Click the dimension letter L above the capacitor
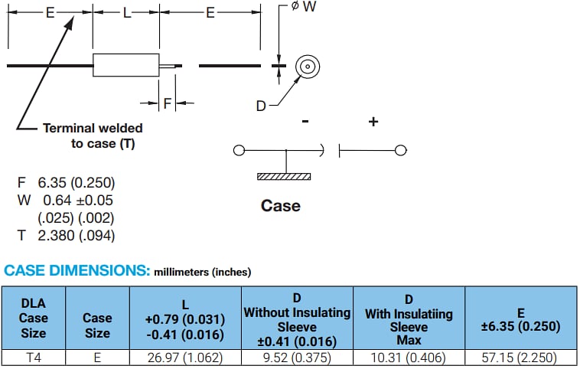[x=125, y=13]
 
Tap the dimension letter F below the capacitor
[x=166, y=103]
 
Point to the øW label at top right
[x=303, y=7]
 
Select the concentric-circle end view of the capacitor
[x=307, y=67]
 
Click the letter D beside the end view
[x=261, y=106]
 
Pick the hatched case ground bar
[x=285, y=176]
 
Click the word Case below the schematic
[x=281, y=205]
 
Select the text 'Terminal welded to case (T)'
[x=93, y=136]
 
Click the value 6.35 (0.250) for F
[x=76, y=183]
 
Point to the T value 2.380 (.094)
[x=77, y=236]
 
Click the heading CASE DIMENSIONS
[x=76, y=271]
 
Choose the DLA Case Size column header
[x=34, y=318]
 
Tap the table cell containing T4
[x=34, y=358]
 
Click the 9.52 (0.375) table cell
[x=297, y=358]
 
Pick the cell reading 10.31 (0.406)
[x=409, y=358]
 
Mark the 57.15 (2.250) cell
[x=520, y=358]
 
